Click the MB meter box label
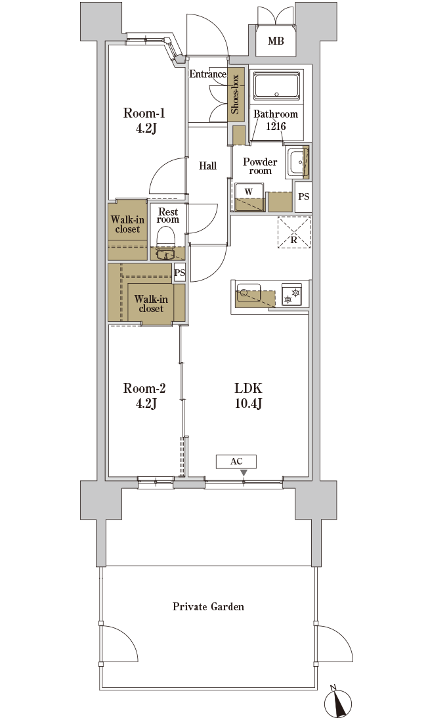click(276, 41)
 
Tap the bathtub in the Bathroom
click(276, 86)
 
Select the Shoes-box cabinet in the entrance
click(236, 95)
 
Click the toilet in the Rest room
click(165, 237)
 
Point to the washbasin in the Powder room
click(297, 162)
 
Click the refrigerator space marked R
click(293, 232)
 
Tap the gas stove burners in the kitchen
click(291, 294)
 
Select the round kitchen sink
click(243, 292)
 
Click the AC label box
click(236, 461)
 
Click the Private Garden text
click(208, 606)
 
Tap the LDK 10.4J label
click(248, 396)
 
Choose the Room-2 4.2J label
click(144, 396)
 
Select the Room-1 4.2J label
click(144, 120)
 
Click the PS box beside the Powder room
click(303, 196)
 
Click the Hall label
click(208, 166)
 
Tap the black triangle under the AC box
click(244, 473)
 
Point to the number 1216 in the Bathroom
click(276, 125)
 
